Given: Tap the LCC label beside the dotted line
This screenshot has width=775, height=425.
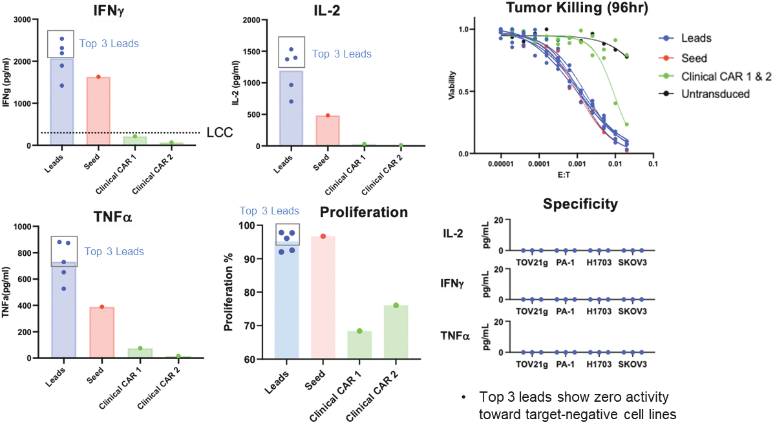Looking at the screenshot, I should pos(220,133).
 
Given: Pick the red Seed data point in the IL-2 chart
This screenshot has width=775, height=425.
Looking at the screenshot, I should pos(328,116).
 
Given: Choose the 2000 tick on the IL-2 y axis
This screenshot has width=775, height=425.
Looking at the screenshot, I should pos(251,20).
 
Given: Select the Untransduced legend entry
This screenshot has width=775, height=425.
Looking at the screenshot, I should pos(708,94).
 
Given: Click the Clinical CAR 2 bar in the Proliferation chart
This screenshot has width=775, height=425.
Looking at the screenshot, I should pos(396,332).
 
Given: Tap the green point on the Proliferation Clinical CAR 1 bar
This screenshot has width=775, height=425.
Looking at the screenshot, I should pos(359,331).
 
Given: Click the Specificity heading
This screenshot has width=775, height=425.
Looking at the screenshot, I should pos(580,205).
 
